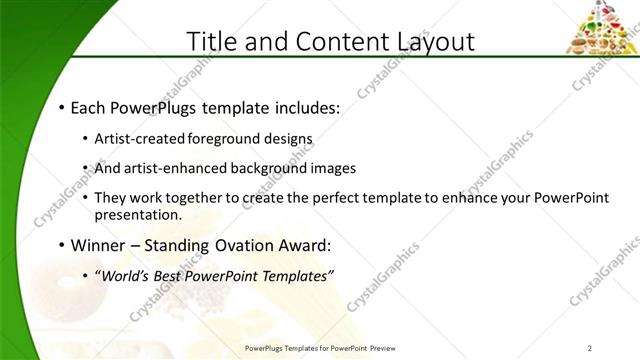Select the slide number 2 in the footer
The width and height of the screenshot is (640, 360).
coord(590,348)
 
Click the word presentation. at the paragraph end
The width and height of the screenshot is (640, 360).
coord(138,214)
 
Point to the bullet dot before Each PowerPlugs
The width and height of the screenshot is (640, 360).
coord(62,107)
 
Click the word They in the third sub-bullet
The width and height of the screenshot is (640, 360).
coord(109,199)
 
